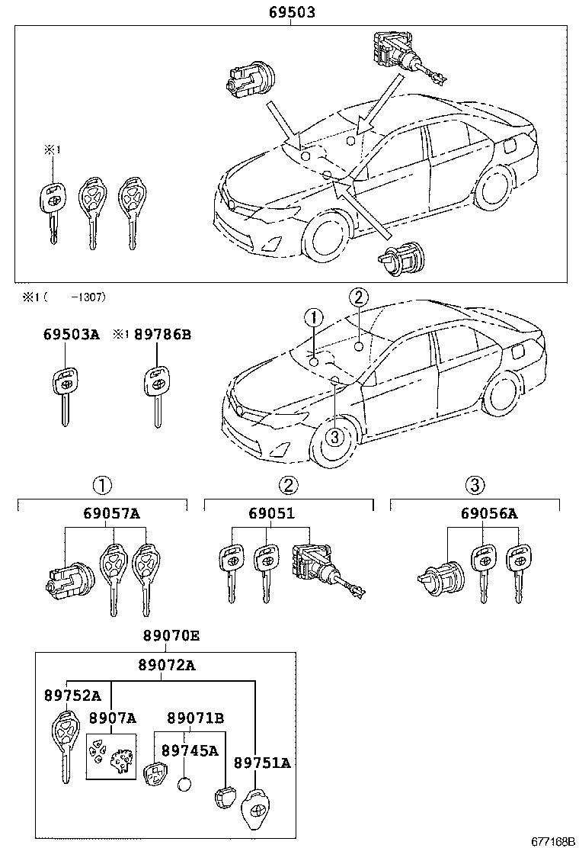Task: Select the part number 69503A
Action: (71, 334)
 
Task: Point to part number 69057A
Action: (112, 513)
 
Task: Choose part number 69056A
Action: (488, 513)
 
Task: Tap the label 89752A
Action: (72, 695)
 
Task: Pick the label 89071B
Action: (195, 718)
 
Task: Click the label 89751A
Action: (262, 763)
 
